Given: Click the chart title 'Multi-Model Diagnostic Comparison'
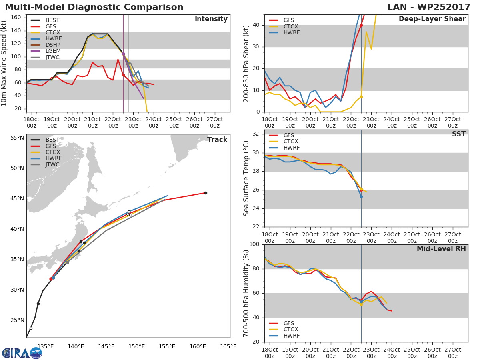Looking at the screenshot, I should pos(94,7).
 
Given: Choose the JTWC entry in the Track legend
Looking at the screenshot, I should pos(52,165).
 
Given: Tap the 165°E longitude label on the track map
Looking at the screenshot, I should pos(228,346).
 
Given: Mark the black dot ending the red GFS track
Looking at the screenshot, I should pos(206,193).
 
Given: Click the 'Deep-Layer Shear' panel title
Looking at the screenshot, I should pos(432,19).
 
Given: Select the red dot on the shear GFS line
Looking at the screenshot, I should pos(361,25).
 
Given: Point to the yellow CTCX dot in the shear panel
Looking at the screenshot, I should pos(361,97).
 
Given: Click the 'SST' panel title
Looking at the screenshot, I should pos(458,134).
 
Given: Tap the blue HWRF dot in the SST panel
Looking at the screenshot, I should pos(361,196).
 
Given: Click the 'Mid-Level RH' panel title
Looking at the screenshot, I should pos(441,249).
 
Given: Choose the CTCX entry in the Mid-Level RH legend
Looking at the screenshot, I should pos(290,330).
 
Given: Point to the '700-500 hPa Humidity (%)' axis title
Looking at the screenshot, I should pos(246,293).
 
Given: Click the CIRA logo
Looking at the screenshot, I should pos(22,353).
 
